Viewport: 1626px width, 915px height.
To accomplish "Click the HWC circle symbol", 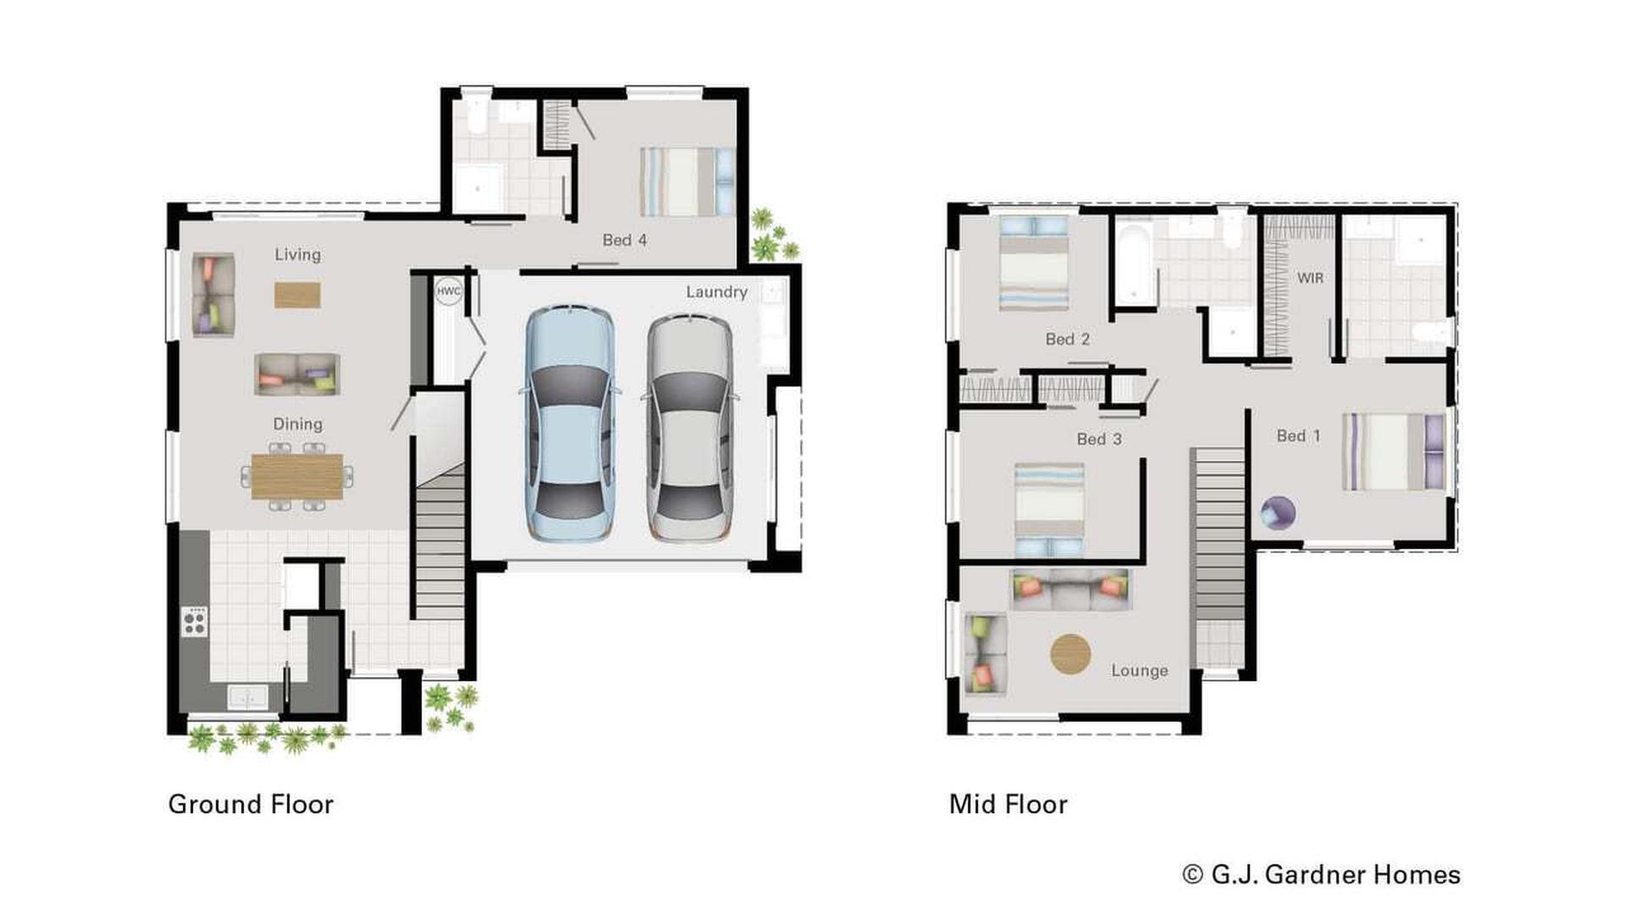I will (x=448, y=291).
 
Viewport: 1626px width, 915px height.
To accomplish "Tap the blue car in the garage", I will (x=570, y=424).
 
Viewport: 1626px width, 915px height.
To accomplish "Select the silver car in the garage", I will (x=689, y=428).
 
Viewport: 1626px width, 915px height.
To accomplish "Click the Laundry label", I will (x=716, y=291).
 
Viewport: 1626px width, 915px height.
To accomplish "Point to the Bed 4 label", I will (x=624, y=240).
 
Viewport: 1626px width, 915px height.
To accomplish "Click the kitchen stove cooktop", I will (x=194, y=621).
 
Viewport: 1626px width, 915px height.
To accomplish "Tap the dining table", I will (x=297, y=476).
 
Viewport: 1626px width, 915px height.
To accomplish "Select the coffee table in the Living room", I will (x=297, y=295).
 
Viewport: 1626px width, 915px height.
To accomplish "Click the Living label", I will (x=297, y=254).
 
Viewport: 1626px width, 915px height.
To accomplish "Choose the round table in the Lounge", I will (x=1070, y=654).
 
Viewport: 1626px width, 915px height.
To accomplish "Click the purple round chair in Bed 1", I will (x=1278, y=513).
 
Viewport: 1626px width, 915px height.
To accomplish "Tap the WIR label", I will (x=1309, y=278).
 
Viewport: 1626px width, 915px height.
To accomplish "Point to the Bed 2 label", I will (x=1067, y=339).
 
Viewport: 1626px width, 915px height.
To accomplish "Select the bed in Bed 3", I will (x=1049, y=508).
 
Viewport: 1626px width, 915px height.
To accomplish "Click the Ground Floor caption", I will (x=251, y=804).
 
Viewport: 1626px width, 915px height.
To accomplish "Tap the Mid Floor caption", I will (x=1008, y=804).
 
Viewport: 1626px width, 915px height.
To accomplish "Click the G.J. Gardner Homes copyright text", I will (x=1321, y=874).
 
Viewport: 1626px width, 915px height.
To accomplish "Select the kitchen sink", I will (x=247, y=697).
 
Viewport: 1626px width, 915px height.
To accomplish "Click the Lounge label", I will (x=1139, y=670).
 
